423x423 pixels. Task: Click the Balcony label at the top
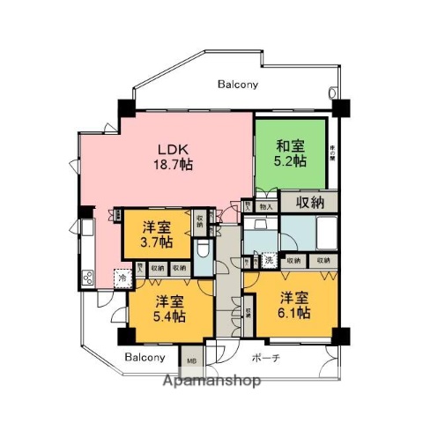coord(237,85)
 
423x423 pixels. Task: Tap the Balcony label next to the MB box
coord(145,358)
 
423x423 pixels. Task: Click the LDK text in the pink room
coord(174,148)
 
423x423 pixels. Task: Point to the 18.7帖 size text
coord(174,165)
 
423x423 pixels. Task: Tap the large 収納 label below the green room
coord(308,203)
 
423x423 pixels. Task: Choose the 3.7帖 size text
coord(155,241)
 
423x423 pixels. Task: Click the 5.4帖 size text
coord(169,315)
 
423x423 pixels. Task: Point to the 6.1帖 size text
coord(292,312)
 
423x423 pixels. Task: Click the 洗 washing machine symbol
coord(269,260)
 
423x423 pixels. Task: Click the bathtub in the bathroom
coord(319,236)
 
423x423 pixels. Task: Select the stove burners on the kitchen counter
coord(88,278)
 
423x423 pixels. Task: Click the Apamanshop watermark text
coord(210,382)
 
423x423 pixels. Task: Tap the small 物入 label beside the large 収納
coord(266,205)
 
